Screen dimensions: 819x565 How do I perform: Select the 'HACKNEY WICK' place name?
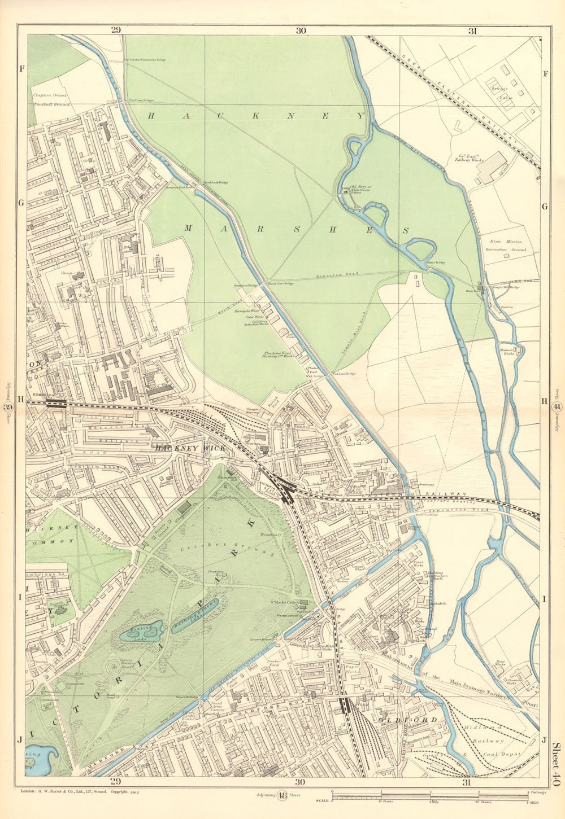(x=190, y=448)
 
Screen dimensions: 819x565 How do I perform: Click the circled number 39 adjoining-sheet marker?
(x=9, y=407)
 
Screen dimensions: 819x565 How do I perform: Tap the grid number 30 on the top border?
(x=300, y=30)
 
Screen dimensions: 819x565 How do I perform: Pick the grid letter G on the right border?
(x=545, y=206)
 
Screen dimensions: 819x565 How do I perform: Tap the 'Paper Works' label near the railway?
(x=353, y=669)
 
